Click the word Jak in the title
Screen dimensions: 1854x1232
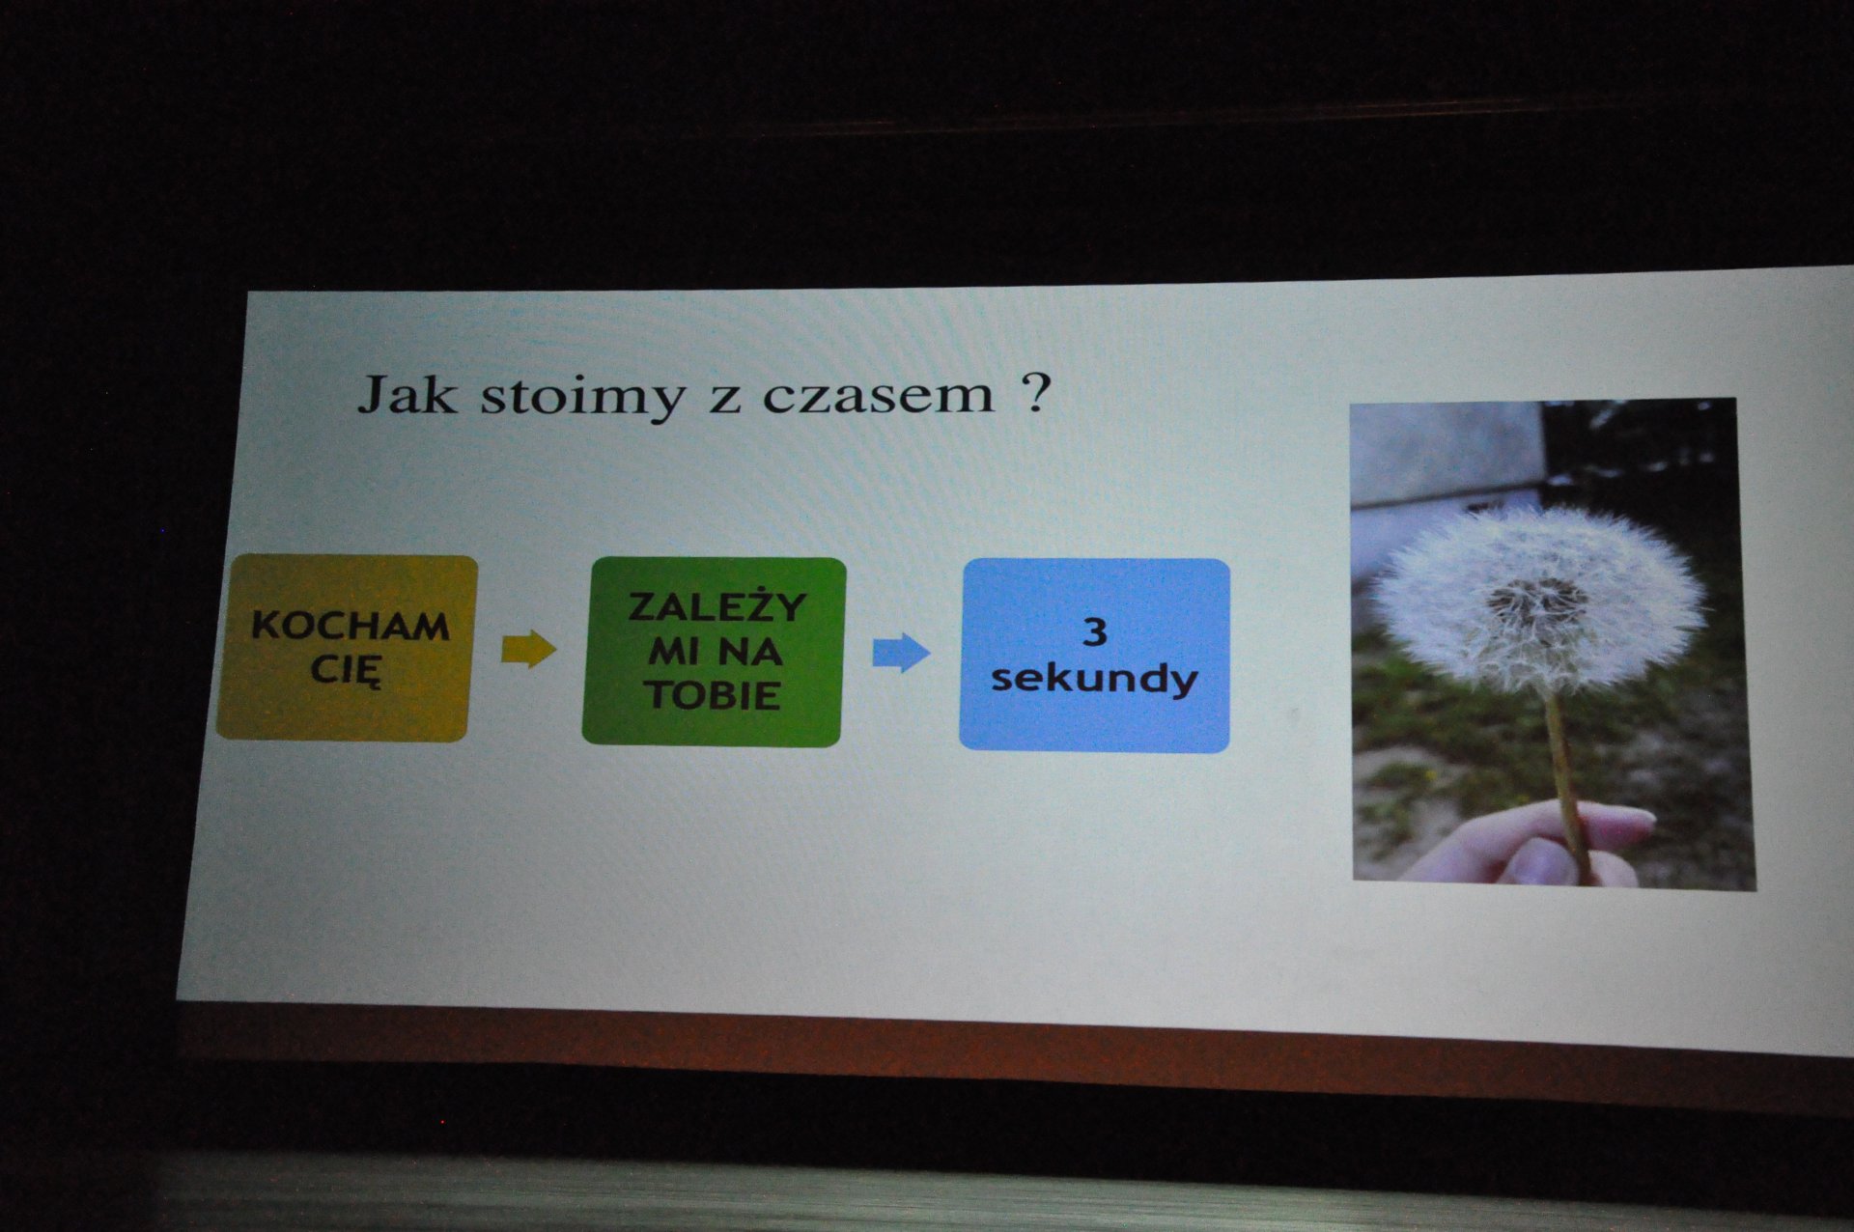[407, 394]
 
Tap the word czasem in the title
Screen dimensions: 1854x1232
[878, 396]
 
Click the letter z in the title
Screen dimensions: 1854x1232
[724, 400]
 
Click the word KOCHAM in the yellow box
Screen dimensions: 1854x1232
[351, 627]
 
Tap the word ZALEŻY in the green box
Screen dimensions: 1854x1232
[716, 606]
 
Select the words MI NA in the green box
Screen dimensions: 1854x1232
[715, 652]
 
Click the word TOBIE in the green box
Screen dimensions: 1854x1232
[714, 695]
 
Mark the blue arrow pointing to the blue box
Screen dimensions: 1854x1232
[902, 653]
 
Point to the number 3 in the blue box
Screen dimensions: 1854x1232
[1095, 632]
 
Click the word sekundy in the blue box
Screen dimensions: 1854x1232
[1094, 679]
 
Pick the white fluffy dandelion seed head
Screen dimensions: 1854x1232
[1537, 601]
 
